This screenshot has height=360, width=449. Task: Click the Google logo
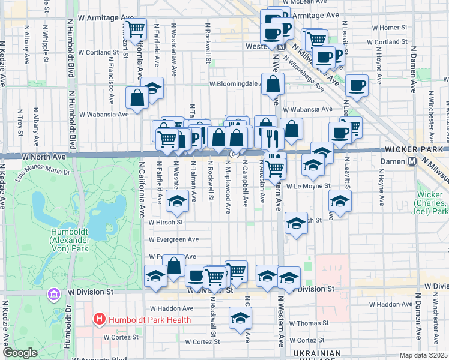pyautogui.click(x=20, y=353)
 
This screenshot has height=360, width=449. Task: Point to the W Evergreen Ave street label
pyautogui.click(x=174, y=239)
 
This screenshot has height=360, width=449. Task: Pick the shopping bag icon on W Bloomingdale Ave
pyautogui.click(x=273, y=85)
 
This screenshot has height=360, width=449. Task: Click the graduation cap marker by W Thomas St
pyautogui.click(x=240, y=319)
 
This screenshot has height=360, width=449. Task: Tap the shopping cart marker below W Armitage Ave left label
pyautogui.click(x=136, y=28)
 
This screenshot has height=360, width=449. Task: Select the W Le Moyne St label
pyautogui.click(x=308, y=186)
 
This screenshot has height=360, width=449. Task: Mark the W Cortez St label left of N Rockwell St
pyautogui.click(x=122, y=337)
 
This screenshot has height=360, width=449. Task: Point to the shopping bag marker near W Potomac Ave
pyautogui.click(x=175, y=266)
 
